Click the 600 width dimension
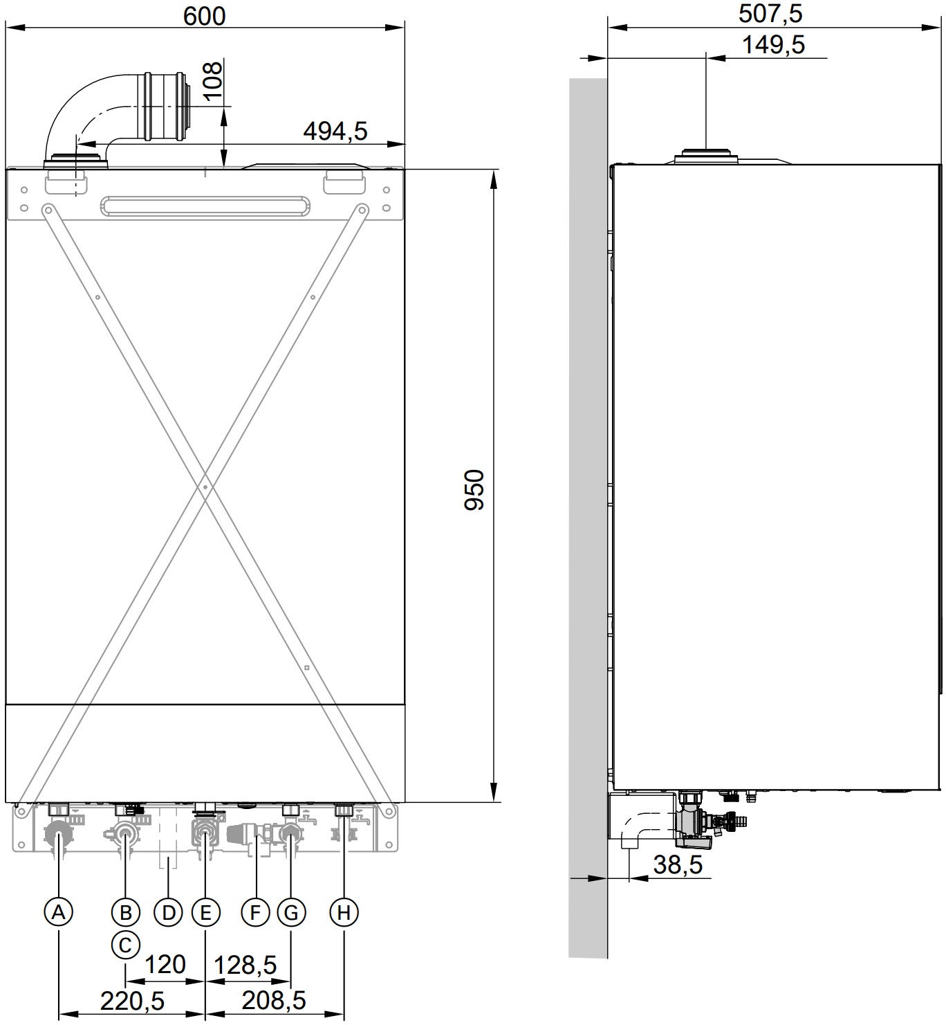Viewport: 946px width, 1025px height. coord(205,15)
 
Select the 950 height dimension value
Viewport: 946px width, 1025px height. coord(474,489)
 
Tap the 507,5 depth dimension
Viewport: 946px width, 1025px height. coord(770,14)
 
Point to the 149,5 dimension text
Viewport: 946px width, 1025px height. coord(773,45)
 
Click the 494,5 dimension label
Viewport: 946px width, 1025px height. coord(335,130)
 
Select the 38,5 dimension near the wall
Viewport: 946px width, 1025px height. coord(678,864)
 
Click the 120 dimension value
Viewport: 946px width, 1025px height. coord(166,964)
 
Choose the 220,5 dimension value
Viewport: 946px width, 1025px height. coord(133,1000)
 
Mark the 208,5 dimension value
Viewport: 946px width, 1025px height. coord(274,1000)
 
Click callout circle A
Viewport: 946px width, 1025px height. coord(59,912)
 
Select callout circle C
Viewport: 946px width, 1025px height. coord(125,944)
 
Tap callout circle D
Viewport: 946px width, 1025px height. coord(168,912)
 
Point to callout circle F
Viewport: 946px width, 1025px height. coord(255,912)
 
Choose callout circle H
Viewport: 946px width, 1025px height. coord(344,912)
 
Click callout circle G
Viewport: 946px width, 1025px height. coord(291,912)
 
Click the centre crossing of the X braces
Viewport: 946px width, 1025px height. coord(205,487)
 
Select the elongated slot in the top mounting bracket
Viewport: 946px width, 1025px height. coord(205,206)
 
